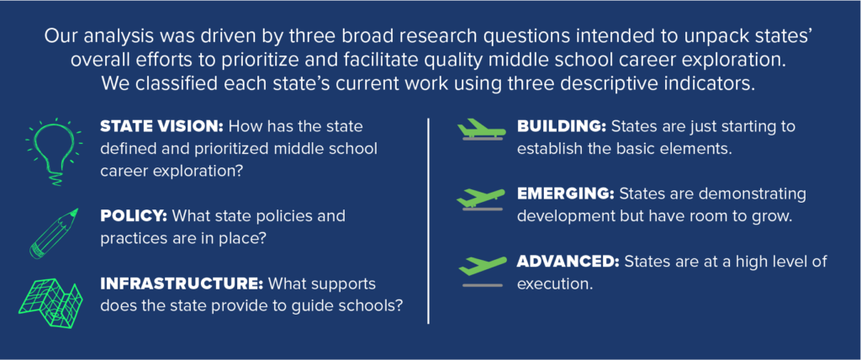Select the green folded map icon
point(50,302)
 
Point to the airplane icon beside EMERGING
point(481,199)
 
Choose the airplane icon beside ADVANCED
point(482,270)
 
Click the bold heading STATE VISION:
point(161,126)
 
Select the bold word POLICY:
point(134,215)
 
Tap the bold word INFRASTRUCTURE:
point(182,284)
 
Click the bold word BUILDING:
point(561,126)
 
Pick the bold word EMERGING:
point(566,194)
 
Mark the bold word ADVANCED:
point(568,262)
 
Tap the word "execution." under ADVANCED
point(555,284)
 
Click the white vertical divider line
point(428,220)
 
